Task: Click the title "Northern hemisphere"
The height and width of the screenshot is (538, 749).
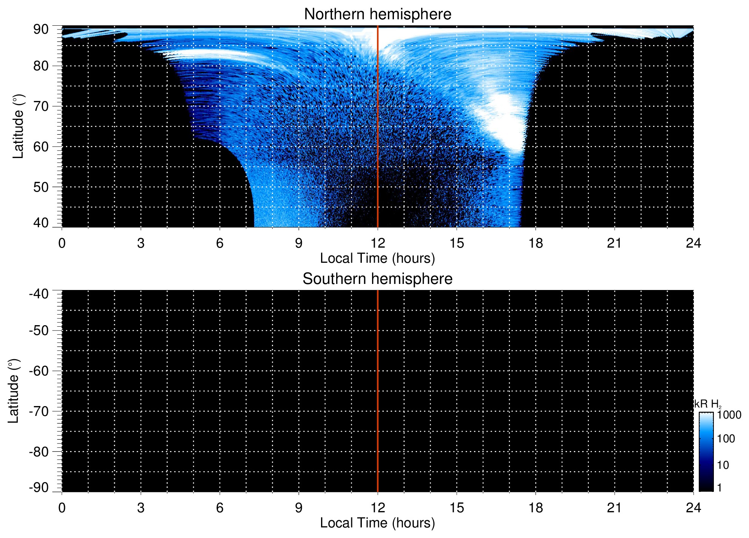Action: [377, 14]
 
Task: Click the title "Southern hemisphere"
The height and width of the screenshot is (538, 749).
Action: [377, 279]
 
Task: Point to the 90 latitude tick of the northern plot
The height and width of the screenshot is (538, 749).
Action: [41, 29]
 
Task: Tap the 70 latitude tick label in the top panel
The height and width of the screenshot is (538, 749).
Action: [41, 106]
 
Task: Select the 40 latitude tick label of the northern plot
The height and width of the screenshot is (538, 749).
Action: [41, 223]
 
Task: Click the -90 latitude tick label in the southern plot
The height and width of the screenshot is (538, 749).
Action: [39, 487]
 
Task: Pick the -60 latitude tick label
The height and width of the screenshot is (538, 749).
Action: [39, 371]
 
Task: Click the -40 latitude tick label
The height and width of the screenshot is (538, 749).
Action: [39, 294]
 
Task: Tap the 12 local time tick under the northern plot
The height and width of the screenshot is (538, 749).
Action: [377, 243]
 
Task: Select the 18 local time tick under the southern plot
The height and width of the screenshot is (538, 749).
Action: [535, 508]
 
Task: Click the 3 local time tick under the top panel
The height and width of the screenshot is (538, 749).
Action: [141, 243]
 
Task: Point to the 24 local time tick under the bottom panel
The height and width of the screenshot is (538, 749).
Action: [693, 508]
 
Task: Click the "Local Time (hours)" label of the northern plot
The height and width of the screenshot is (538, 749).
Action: [377, 258]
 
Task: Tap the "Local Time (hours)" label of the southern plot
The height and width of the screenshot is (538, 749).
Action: [377, 523]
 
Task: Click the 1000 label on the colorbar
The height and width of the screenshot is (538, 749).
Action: [729, 415]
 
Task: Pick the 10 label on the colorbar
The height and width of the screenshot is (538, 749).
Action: [723, 465]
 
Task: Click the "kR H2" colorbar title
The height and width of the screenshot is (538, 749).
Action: [707, 404]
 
